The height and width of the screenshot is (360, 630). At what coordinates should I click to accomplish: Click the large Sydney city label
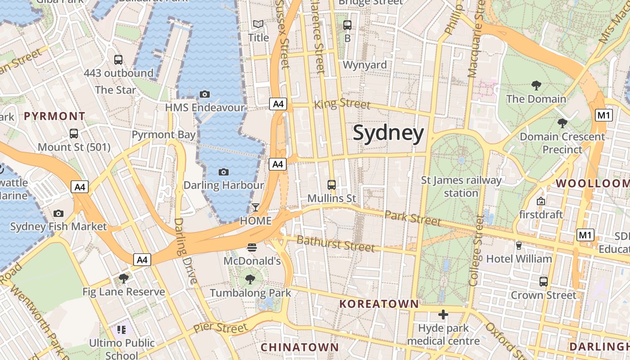388,134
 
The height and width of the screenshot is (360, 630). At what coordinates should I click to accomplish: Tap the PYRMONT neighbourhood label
54,116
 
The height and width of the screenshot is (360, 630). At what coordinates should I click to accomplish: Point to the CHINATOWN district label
299,347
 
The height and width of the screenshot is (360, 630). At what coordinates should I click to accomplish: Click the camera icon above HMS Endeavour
205,94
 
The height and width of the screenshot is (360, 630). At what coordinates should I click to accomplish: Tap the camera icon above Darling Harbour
223,172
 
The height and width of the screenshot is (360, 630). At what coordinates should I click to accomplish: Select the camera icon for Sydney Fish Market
58,213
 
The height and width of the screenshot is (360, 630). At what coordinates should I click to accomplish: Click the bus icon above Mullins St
332,184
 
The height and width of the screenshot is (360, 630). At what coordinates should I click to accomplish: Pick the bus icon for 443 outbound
118,59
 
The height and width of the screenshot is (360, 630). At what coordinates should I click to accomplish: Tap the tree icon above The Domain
536,85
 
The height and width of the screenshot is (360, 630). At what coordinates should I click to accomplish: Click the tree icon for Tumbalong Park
250,279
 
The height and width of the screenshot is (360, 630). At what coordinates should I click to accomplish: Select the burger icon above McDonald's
252,247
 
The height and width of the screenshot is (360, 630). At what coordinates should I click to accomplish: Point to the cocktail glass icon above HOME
256,207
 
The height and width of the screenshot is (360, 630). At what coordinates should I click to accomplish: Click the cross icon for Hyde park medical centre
443,315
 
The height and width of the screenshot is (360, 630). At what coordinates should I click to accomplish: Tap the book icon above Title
258,24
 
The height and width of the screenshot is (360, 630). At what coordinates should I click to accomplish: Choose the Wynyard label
364,65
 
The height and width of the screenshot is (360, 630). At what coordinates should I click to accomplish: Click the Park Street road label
413,218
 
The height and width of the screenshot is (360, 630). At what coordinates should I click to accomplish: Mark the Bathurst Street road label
335,243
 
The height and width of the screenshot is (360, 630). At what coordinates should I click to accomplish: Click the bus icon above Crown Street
544,282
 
